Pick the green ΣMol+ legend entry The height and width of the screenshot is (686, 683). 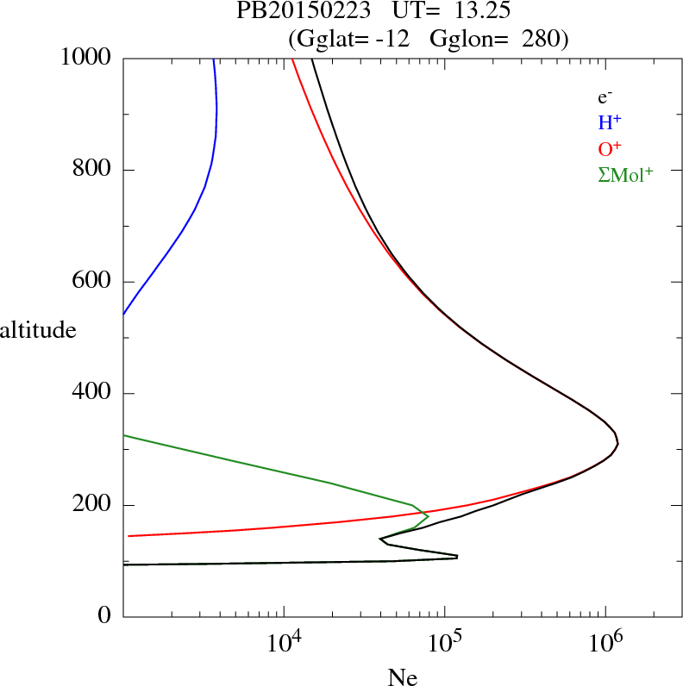coord(625,174)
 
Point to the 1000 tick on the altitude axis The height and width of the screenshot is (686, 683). coord(86,58)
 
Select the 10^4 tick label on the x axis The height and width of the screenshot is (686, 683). coord(284,643)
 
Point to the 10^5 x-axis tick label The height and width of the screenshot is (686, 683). coord(444,643)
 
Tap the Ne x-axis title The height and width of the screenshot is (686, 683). coord(403,677)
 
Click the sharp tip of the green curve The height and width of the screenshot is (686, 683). coord(429,516)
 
